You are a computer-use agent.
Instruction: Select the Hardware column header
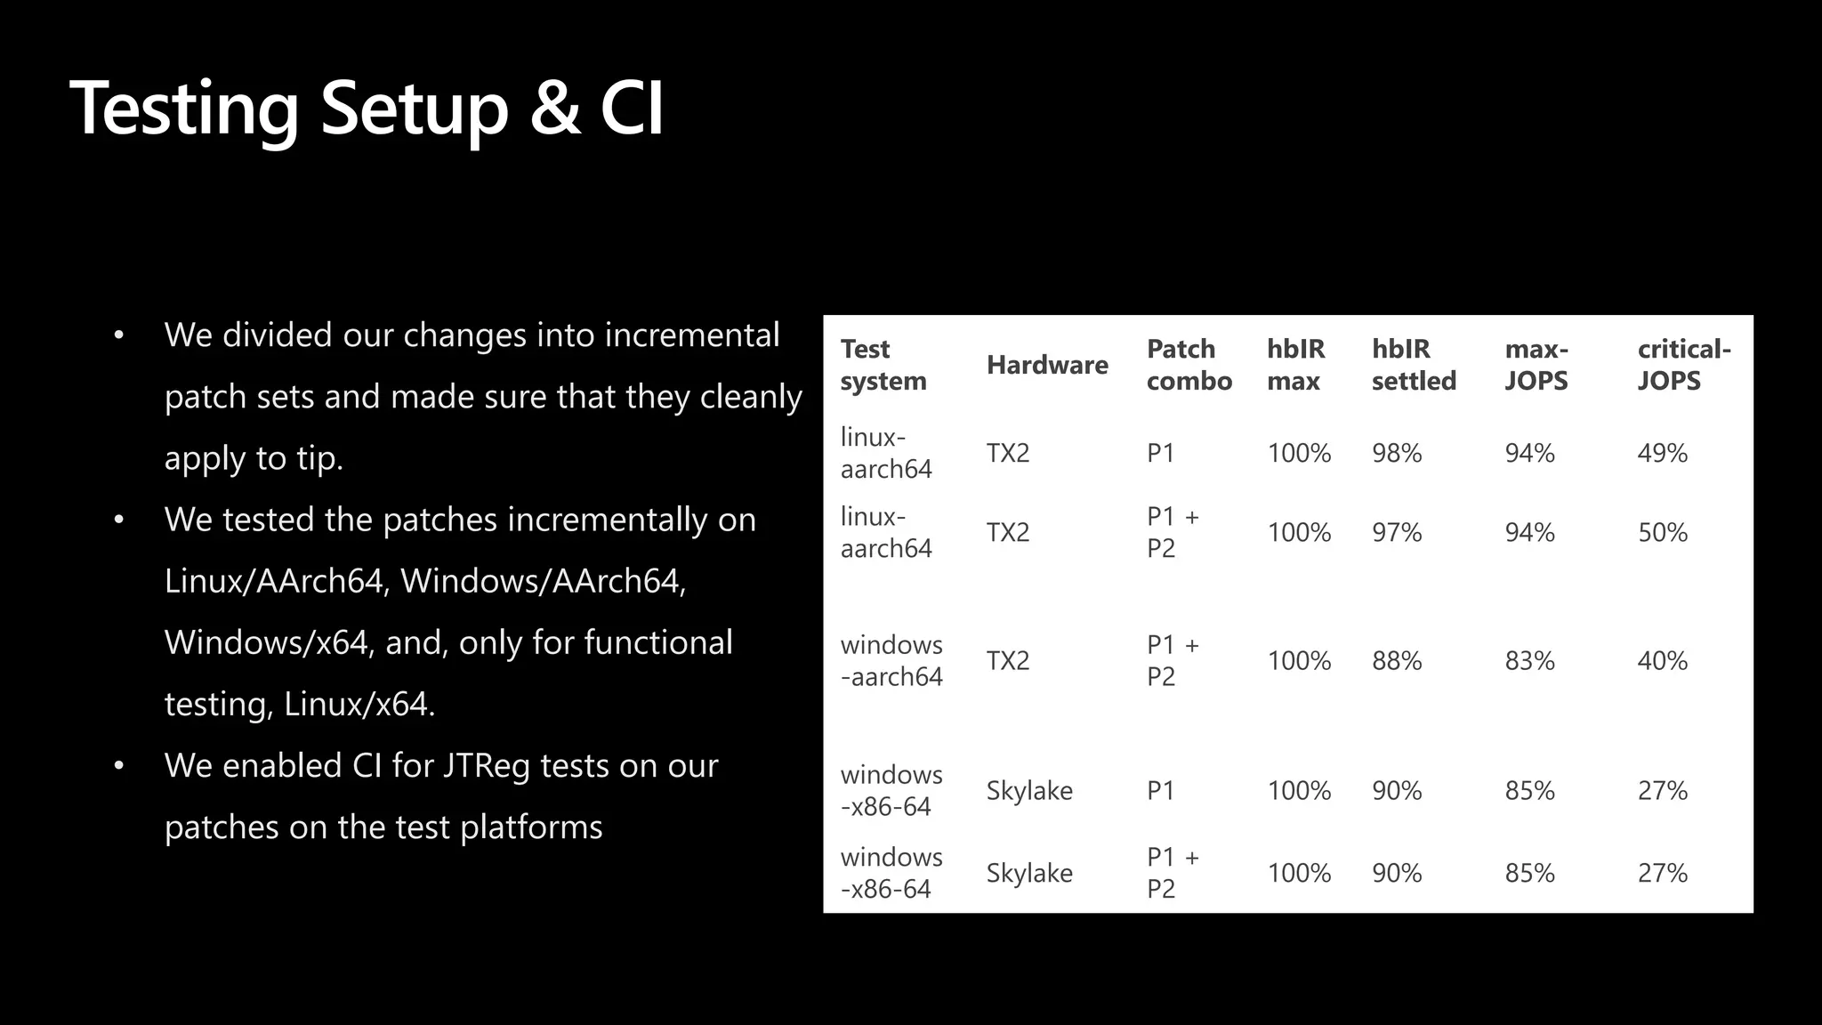(x=1047, y=365)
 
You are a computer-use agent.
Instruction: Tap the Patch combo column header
(x=1189, y=365)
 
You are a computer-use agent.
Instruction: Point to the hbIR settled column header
(x=1413, y=365)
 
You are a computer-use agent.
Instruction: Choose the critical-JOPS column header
(x=1683, y=365)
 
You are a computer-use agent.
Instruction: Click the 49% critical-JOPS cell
(x=1662, y=454)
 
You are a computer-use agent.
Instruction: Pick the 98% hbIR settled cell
(x=1397, y=454)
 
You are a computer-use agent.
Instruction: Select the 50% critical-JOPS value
(x=1662, y=533)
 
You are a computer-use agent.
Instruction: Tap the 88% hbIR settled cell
(x=1397, y=661)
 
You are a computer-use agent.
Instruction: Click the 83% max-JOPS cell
(x=1529, y=661)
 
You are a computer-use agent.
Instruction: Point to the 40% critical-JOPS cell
(x=1662, y=661)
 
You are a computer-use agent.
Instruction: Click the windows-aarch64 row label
(x=891, y=661)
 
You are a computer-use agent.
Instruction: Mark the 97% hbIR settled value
(x=1397, y=533)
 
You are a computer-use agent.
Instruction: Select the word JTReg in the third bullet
(x=485, y=767)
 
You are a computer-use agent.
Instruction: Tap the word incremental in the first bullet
(x=691, y=335)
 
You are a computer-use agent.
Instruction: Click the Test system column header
(x=883, y=365)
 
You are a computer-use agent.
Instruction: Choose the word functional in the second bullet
(x=657, y=642)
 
